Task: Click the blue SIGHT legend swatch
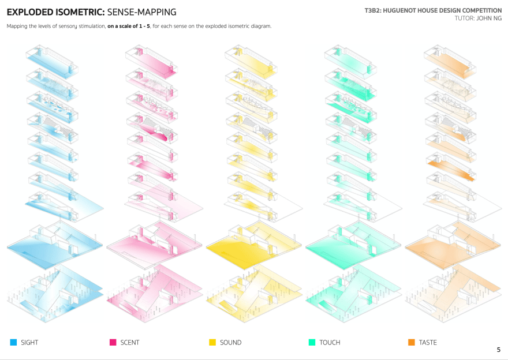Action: click(x=13, y=342)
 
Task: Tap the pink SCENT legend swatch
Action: click(x=113, y=342)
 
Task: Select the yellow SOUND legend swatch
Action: click(x=212, y=342)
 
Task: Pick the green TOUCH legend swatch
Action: click(x=312, y=342)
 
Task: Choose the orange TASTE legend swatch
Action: click(x=411, y=342)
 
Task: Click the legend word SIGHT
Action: click(x=29, y=343)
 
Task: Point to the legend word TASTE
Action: click(x=428, y=343)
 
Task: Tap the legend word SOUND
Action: click(x=230, y=343)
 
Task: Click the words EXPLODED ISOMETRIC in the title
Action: click(x=55, y=12)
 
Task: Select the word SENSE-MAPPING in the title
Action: click(x=142, y=12)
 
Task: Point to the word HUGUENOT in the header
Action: click(x=409, y=10)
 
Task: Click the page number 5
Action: click(x=499, y=350)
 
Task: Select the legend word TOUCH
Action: click(x=330, y=343)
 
